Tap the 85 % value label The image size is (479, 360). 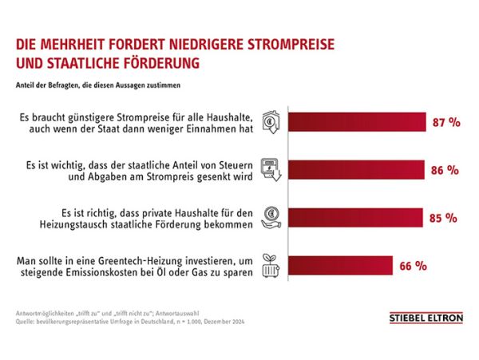coord(441,217)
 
